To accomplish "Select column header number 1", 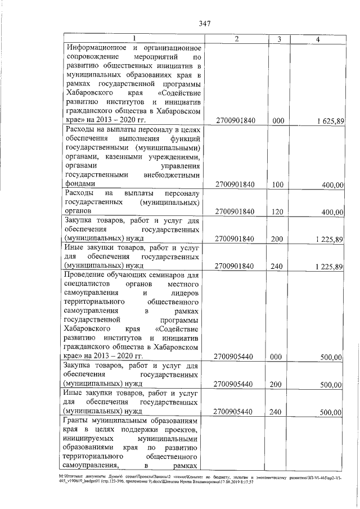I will click(x=134, y=39).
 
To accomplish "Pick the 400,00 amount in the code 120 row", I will click(x=332, y=212).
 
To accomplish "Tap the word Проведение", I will click(x=90, y=275).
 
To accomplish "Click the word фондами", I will click(x=80, y=184).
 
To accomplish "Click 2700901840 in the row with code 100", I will click(x=235, y=184).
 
